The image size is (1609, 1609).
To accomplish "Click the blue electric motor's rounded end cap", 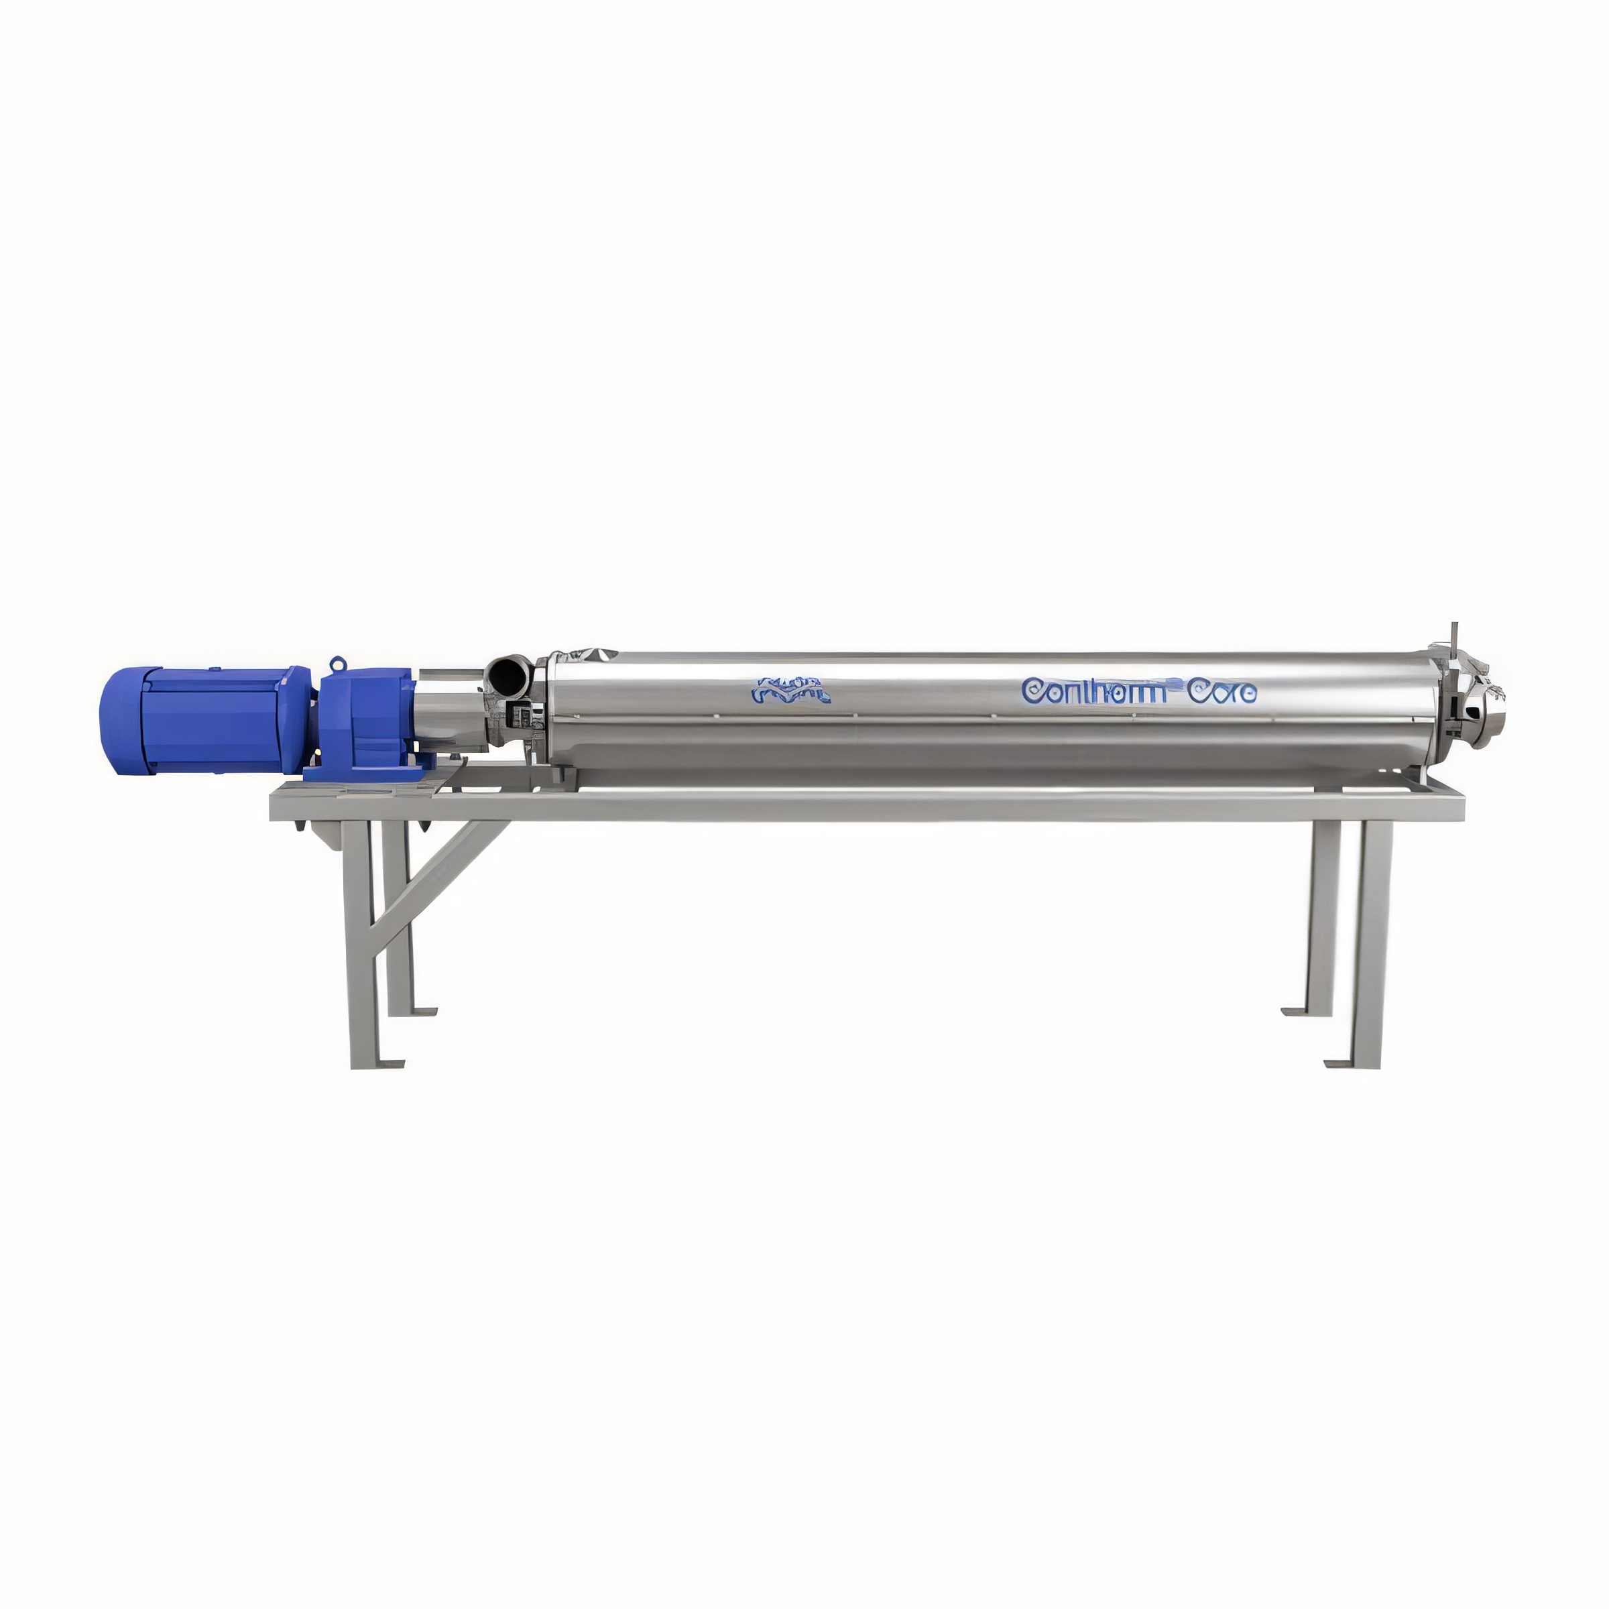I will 117,718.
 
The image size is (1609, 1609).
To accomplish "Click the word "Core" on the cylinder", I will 1221,691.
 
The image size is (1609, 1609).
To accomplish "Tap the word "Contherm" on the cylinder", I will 1093,691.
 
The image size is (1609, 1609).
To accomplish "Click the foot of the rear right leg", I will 1296,1012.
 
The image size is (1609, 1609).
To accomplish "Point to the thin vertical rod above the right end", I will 1453,636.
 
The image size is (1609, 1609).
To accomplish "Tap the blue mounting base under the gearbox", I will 367,773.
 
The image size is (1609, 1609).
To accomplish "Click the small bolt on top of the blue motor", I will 214,669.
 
